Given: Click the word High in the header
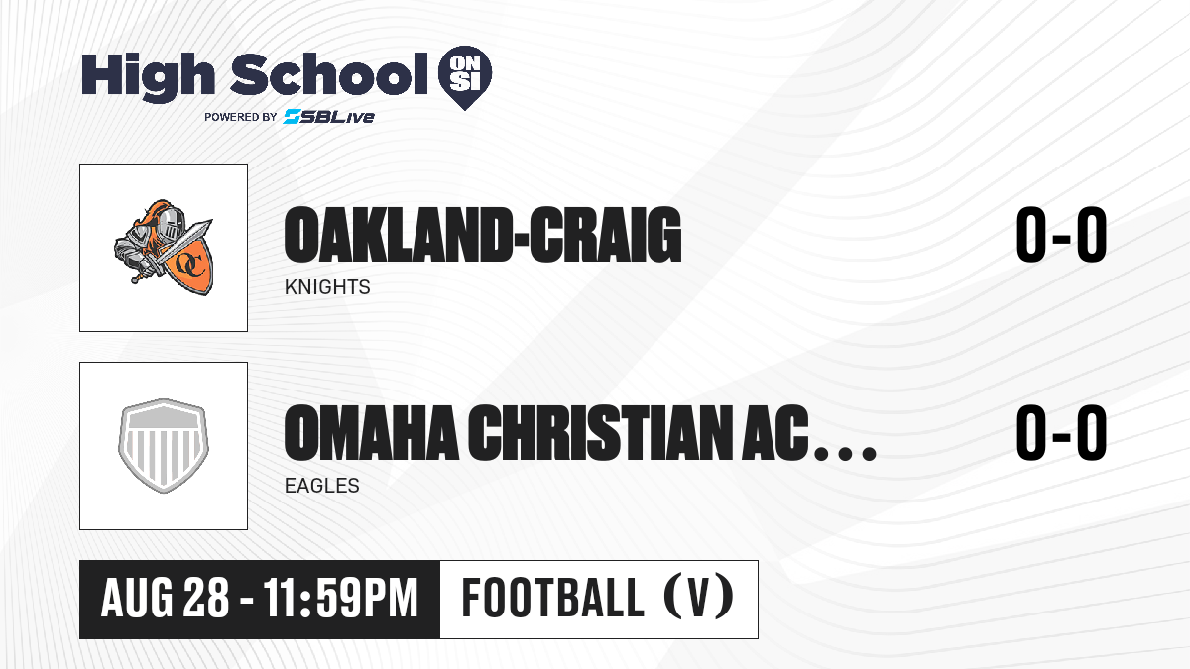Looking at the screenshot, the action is [x=148, y=76].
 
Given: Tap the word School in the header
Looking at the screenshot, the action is [x=329, y=73].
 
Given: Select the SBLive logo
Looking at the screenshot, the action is [x=329, y=117].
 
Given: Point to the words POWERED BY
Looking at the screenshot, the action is [x=241, y=117].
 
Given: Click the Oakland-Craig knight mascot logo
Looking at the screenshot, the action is [x=164, y=248].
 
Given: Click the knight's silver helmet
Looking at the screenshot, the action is [x=171, y=224].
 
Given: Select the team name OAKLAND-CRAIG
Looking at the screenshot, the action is [x=483, y=235].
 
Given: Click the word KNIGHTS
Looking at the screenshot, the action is [x=327, y=287].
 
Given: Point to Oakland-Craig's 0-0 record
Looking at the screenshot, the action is [x=1061, y=234].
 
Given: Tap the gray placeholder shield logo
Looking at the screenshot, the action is [x=164, y=446].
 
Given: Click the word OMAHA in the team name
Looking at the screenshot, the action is [x=371, y=433].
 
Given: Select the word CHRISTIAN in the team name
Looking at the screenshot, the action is [x=600, y=433].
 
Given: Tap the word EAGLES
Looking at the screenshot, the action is [x=322, y=486].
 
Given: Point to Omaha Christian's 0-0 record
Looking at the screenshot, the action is [x=1061, y=432].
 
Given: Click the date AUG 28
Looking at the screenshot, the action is [x=165, y=598].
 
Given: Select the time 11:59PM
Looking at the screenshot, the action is [x=341, y=598].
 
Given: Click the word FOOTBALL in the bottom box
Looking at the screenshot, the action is [x=553, y=598].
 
